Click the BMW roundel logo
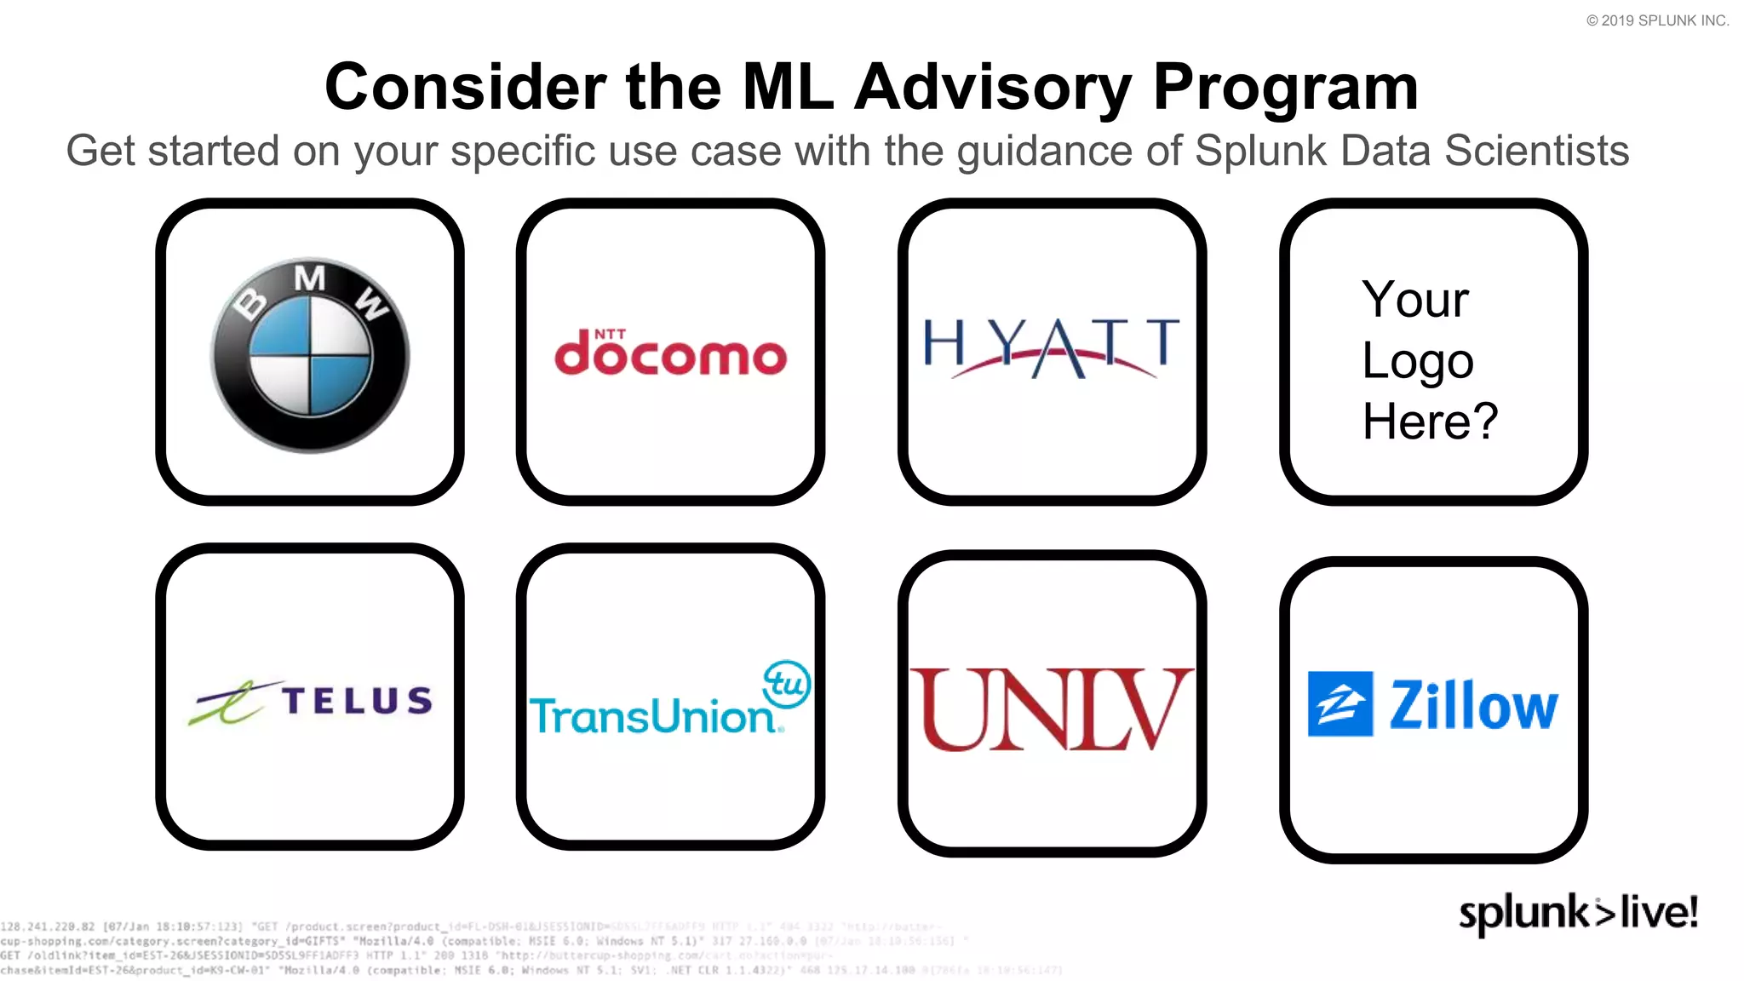310,354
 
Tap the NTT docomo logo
670,354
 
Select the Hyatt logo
1052,347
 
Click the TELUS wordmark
358,701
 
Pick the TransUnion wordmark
652,716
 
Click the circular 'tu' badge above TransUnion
787,684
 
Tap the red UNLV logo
1052,709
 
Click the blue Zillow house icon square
1340,704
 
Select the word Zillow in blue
1473,706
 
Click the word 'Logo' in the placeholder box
1417,361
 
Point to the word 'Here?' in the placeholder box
1430,422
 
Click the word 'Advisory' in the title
993,88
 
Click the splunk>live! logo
1578,913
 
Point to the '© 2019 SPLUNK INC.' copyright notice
1657,20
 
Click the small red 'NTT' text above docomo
610,334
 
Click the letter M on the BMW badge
310,278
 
